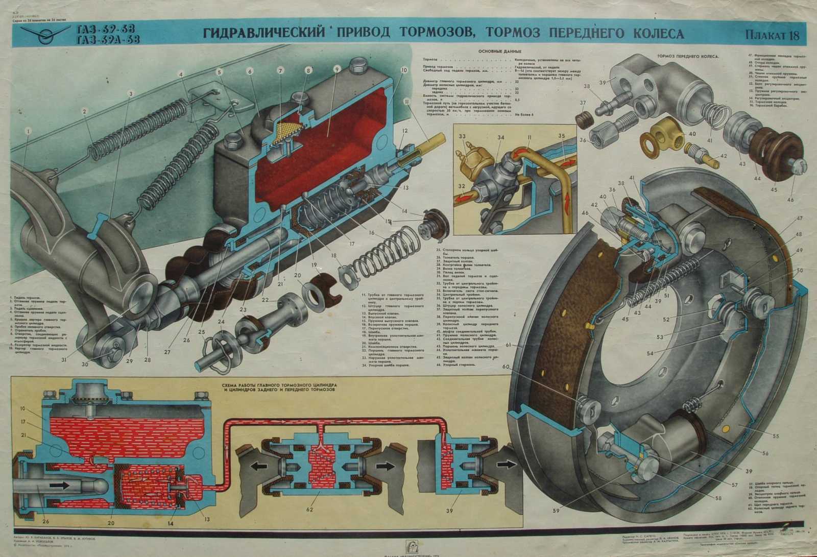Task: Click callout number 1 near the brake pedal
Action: coord(28,131)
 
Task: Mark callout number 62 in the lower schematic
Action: coord(309,513)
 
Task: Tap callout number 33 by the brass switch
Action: coord(462,137)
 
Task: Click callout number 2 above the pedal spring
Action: coord(85,111)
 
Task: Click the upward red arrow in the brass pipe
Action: coord(571,199)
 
